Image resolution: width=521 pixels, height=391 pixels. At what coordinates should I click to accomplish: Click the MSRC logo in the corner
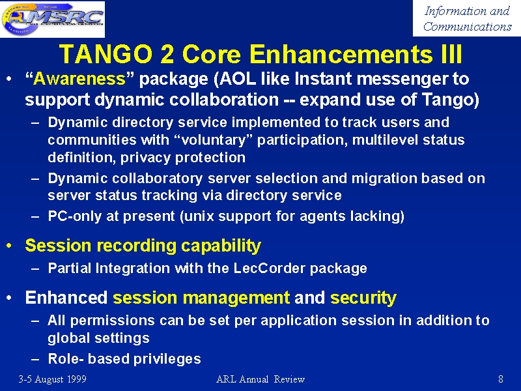tap(53, 19)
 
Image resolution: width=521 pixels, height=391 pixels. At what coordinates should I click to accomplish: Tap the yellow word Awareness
tap(79, 79)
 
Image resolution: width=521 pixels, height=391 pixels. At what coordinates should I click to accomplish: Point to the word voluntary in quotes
tap(213, 140)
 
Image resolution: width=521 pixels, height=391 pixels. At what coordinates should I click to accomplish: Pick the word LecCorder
tap(269, 268)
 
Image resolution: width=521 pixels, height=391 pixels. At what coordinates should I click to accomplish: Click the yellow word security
tap(363, 298)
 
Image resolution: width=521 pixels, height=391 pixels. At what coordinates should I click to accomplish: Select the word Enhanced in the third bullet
tap(66, 297)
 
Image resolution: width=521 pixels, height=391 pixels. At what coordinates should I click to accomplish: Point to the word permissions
tap(112, 321)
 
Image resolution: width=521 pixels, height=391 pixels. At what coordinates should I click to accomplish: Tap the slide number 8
tap(501, 379)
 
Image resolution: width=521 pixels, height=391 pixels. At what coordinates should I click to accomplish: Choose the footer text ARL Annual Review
tap(260, 379)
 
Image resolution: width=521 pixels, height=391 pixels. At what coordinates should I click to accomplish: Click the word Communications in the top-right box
tap(467, 27)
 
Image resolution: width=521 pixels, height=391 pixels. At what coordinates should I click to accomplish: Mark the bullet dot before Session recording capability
tap(9, 246)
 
